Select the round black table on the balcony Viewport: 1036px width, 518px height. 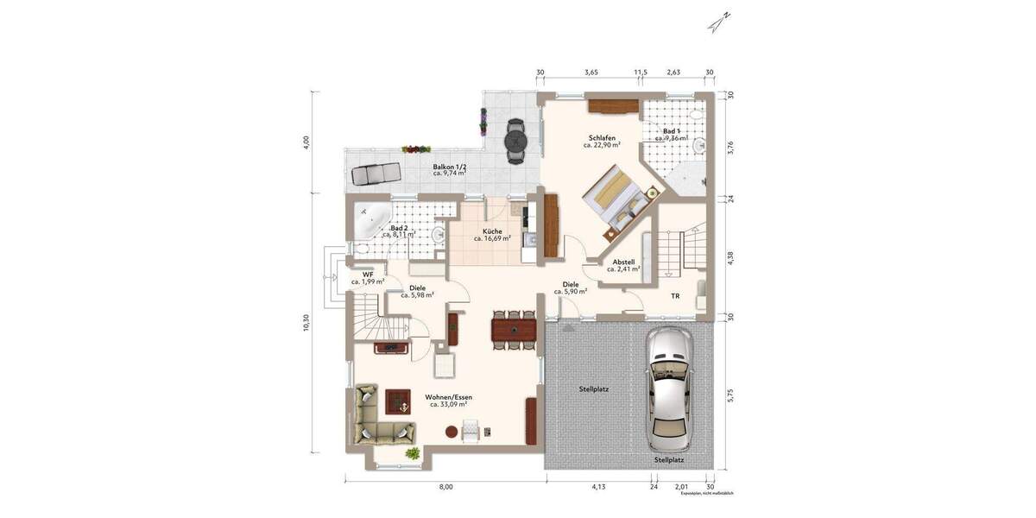tap(515, 139)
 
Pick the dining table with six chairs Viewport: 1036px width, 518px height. tap(514, 329)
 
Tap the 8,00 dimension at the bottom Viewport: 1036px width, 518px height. tap(445, 487)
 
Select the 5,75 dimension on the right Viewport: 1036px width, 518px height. tap(730, 395)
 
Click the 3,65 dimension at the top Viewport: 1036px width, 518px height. tap(591, 73)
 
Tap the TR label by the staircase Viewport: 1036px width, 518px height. tap(675, 296)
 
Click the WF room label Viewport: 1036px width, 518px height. tap(368, 275)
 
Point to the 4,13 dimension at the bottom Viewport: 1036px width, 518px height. tap(598, 487)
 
